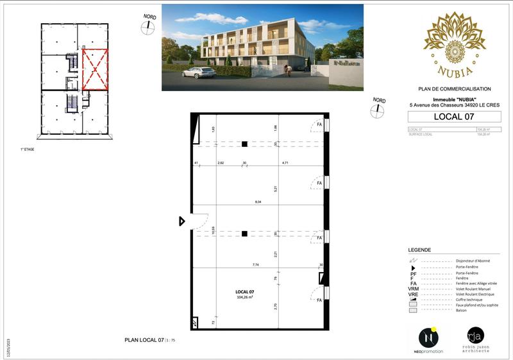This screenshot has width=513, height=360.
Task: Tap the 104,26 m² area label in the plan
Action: coord(244,297)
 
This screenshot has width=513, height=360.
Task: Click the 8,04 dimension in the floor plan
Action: coord(258,202)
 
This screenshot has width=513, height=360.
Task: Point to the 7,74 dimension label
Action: coord(255,264)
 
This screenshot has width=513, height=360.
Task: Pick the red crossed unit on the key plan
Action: coord(95,69)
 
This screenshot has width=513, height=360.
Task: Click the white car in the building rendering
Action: coord(199,73)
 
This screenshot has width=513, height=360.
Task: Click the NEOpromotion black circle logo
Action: coord(428,338)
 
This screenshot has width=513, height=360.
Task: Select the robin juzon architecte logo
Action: coord(475,339)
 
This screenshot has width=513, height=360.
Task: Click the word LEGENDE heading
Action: coord(419,250)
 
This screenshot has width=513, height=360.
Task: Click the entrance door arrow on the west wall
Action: coord(182,221)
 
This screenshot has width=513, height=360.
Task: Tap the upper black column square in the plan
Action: coord(244,144)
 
